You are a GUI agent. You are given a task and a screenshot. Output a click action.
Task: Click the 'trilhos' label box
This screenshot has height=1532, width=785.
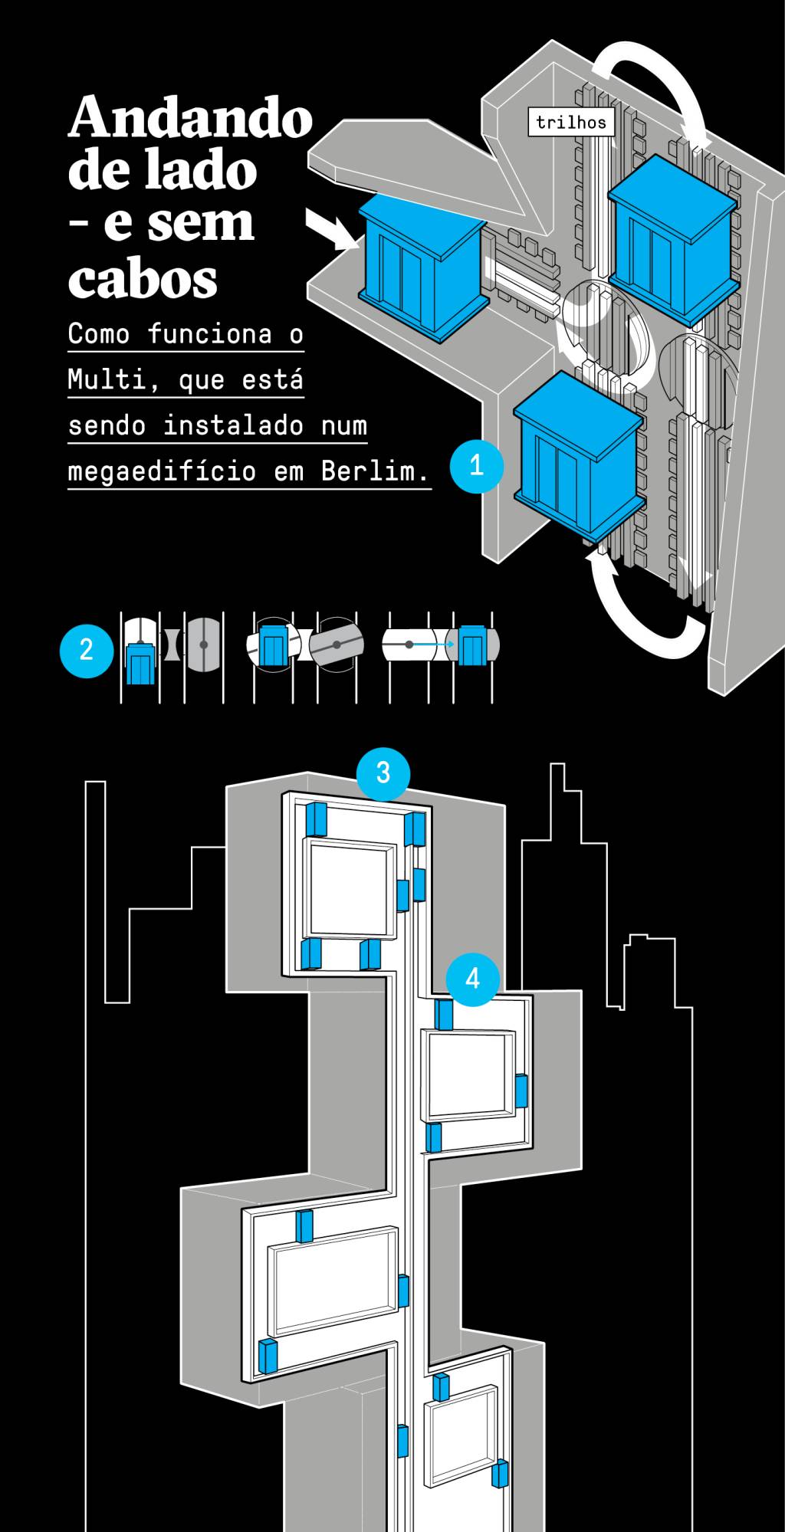(571, 122)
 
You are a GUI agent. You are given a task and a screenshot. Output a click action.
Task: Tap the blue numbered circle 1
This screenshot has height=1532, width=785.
(476, 465)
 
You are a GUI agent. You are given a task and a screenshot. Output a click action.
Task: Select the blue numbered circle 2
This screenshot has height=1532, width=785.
(87, 650)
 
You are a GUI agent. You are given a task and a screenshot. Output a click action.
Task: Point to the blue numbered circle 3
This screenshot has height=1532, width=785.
(383, 772)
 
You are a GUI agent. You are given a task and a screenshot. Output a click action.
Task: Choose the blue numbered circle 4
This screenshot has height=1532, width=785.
(472, 978)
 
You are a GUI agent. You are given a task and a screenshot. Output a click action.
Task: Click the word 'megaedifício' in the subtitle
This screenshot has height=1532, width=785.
(162, 471)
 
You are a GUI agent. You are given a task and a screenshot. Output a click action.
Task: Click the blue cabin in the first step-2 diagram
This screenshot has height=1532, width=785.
(139, 663)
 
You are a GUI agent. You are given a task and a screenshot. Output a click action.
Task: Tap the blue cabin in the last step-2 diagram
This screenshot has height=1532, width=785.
(470, 645)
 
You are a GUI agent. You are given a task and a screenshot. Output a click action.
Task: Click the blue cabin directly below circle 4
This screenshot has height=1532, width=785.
(443, 1014)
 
